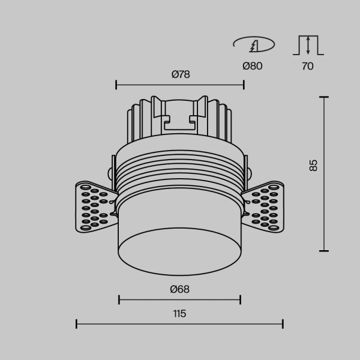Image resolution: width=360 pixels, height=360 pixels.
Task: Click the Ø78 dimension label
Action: pyautogui.click(x=180, y=74)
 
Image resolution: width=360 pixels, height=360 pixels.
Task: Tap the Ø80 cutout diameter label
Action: pyautogui.click(x=253, y=66)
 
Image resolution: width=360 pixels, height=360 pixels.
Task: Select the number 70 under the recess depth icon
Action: pyautogui.click(x=307, y=66)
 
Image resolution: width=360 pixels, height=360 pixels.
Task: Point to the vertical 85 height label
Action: pyautogui.click(x=313, y=166)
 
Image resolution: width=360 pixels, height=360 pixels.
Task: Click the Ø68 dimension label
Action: pyautogui.click(x=180, y=289)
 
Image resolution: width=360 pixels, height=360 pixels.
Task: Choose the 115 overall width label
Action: pyautogui.click(x=179, y=313)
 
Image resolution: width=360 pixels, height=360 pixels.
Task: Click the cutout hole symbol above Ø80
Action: pyautogui.click(x=253, y=44)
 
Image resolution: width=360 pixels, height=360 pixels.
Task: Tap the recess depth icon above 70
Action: pyautogui.click(x=307, y=45)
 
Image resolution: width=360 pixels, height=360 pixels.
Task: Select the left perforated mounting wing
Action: pyautogui.click(x=93, y=207)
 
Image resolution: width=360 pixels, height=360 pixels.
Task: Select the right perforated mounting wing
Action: pyautogui.click(x=266, y=207)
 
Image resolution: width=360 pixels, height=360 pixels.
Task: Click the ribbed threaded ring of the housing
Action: pyautogui.click(x=179, y=174)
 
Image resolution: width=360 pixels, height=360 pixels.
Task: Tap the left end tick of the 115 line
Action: pyautogui.click(x=77, y=325)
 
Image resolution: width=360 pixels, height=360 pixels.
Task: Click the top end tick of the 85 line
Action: pyautogui.click(x=325, y=97)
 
